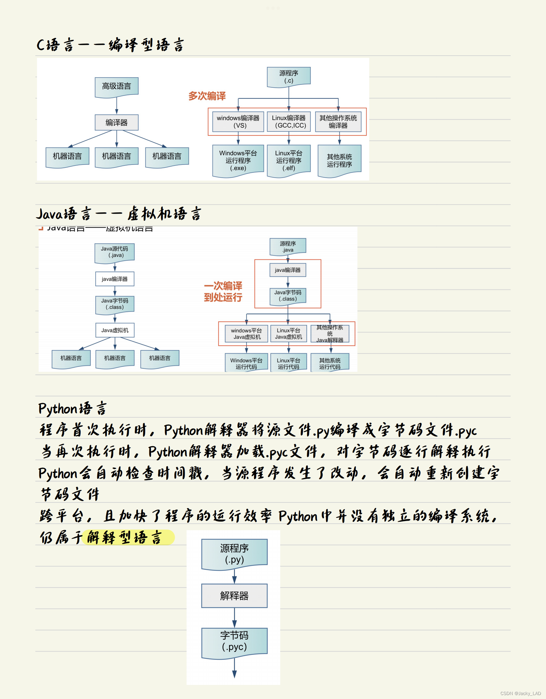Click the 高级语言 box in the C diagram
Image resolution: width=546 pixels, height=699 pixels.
click(x=117, y=86)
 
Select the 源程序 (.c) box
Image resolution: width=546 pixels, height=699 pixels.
click(x=288, y=77)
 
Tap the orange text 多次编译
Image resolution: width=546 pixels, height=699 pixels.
click(x=207, y=96)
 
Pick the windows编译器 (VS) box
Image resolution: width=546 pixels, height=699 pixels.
click(x=238, y=122)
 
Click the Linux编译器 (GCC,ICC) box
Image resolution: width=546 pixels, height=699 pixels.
click(x=288, y=122)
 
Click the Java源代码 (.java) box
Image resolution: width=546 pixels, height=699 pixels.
click(x=115, y=252)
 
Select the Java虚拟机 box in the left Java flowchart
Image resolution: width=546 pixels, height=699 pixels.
click(x=115, y=330)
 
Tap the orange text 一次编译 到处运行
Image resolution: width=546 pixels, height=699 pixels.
click(x=223, y=291)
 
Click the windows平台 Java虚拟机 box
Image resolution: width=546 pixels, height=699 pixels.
click(x=246, y=334)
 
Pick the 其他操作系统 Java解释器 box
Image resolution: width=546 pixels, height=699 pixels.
click(x=330, y=334)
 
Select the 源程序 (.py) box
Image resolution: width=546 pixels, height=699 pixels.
click(x=234, y=553)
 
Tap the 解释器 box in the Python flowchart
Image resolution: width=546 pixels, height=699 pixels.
click(x=234, y=596)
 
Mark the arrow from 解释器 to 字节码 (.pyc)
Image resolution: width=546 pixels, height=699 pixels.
click(x=234, y=618)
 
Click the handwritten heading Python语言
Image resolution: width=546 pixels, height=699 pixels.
click(x=72, y=409)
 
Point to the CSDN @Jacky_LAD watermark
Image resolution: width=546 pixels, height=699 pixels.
click(x=520, y=693)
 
